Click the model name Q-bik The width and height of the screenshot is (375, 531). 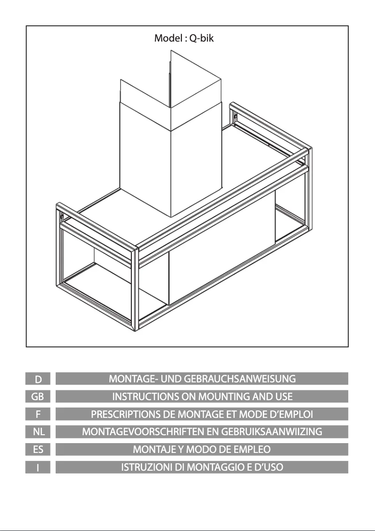201,38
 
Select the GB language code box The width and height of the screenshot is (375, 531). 38,396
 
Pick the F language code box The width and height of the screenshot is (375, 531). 38,414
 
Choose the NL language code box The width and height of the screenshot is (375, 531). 38,432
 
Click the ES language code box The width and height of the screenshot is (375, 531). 38,450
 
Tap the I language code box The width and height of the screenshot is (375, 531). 38,467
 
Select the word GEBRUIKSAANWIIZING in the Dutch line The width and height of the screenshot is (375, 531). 272,432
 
